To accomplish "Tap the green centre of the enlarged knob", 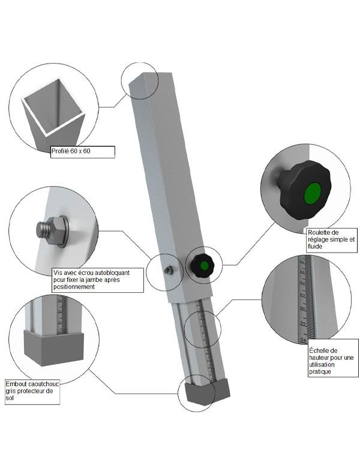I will [311, 194].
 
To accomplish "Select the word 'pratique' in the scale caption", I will [320, 372].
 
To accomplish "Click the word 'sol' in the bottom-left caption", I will [10, 398].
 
